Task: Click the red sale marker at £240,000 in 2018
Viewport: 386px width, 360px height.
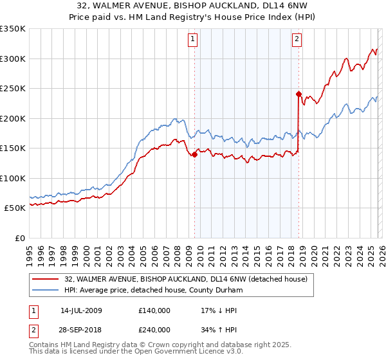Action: point(299,94)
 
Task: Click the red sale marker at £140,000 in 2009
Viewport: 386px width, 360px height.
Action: point(194,154)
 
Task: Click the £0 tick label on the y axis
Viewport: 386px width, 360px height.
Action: point(19,238)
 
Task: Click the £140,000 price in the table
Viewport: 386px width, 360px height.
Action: point(154,310)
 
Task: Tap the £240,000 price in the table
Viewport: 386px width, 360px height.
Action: point(154,329)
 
